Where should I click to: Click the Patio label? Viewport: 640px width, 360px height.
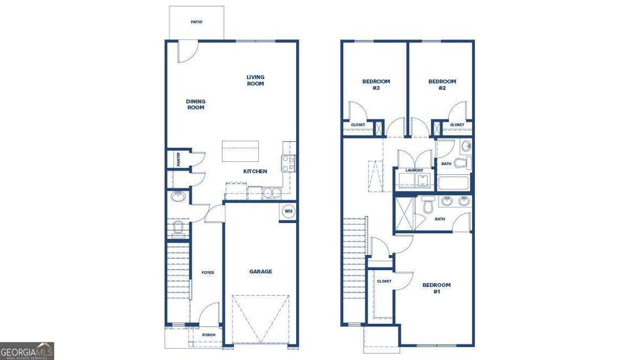click(x=196, y=22)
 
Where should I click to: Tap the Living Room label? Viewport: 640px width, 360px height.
click(x=255, y=81)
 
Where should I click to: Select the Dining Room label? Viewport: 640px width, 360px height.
click(x=196, y=104)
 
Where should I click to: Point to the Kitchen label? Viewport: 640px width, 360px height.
click(x=255, y=171)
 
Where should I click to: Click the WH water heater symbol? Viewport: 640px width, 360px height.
click(x=288, y=211)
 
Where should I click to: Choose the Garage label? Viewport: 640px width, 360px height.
click(x=261, y=271)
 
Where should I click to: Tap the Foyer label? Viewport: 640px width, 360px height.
click(x=207, y=272)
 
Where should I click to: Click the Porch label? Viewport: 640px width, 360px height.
click(x=208, y=335)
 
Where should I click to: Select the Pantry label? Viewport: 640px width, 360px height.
click(x=178, y=159)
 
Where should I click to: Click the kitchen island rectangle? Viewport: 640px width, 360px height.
click(x=240, y=152)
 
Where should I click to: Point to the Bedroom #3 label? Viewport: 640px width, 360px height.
click(x=376, y=84)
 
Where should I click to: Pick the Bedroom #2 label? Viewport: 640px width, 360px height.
click(x=442, y=84)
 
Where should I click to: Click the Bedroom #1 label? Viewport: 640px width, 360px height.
click(x=436, y=288)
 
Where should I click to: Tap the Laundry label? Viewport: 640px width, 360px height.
click(x=414, y=171)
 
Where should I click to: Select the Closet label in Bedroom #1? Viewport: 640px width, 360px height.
click(x=384, y=281)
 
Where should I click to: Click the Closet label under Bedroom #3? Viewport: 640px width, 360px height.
click(x=357, y=125)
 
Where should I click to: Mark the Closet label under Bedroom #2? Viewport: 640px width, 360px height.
click(x=457, y=125)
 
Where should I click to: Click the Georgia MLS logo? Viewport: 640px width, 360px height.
click(x=27, y=351)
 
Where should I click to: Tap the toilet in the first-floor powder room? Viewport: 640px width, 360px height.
click(x=177, y=229)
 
